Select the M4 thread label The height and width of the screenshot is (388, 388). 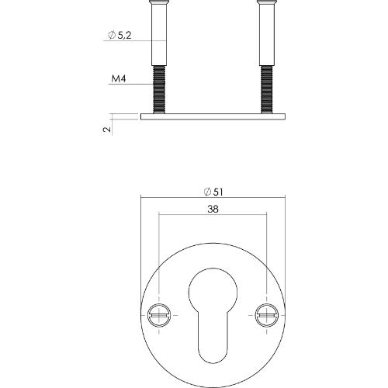click(118, 79)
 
